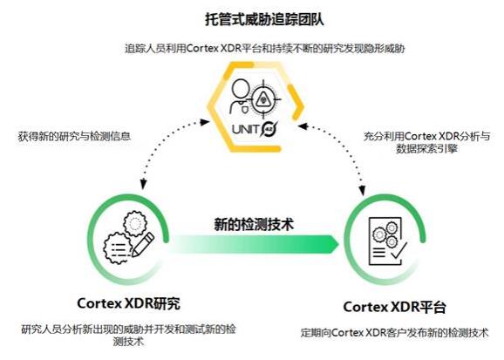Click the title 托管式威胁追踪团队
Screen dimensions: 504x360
264,19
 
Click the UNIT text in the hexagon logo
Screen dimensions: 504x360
246,129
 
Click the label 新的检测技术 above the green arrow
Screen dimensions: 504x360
254,224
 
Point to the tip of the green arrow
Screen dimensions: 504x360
339,245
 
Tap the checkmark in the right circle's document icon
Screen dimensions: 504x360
399,250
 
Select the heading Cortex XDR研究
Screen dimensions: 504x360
128,303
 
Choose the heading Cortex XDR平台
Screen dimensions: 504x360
395,307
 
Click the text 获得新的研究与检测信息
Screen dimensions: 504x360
74,137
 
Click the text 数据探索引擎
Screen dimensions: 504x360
426,149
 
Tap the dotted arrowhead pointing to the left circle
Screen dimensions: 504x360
143,184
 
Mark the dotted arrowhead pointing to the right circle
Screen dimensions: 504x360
362,190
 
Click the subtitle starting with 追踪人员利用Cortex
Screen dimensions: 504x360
264,49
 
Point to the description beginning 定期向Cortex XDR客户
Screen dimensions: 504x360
394,333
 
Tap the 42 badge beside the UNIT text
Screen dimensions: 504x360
269,129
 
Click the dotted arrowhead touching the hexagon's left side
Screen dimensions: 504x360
205,122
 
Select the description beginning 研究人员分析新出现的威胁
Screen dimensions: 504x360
128,336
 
